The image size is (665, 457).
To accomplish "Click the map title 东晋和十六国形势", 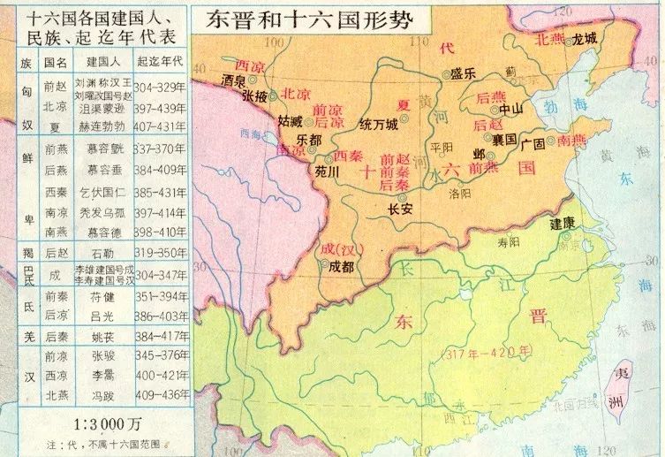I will pyautogui.click(x=310, y=21).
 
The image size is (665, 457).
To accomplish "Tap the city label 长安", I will pyautogui.click(x=401, y=209).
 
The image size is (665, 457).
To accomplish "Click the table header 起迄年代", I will pyautogui.click(x=161, y=62).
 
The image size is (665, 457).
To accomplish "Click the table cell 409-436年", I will pyautogui.click(x=162, y=393).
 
